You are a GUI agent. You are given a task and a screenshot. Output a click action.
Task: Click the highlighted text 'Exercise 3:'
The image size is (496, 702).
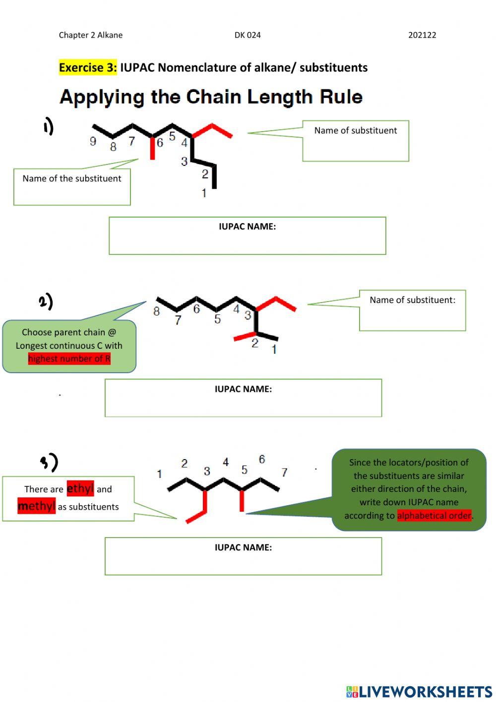[88, 68]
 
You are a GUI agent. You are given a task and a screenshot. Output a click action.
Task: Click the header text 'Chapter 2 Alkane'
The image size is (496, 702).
[91, 35]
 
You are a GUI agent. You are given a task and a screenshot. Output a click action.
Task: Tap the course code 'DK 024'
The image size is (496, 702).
[248, 35]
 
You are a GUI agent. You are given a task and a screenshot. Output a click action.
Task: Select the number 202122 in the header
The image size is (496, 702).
[422, 35]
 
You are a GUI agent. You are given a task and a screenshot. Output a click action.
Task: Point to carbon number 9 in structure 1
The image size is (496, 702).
[93, 142]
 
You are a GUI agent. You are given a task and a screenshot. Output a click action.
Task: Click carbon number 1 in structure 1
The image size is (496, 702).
[204, 193]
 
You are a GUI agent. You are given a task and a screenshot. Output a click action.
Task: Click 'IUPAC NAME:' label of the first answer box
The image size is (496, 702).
[247, 227]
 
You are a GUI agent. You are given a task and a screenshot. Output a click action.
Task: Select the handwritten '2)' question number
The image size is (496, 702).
[46, 301]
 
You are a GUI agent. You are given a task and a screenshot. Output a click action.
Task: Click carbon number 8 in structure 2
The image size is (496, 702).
[156, 312]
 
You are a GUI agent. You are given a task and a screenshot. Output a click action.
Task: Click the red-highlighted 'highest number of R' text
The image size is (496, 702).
[69, 359]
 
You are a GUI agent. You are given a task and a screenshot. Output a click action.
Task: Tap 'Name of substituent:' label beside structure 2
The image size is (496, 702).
[412, 300]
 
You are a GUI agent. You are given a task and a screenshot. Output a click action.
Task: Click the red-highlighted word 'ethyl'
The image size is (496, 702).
[80, 489]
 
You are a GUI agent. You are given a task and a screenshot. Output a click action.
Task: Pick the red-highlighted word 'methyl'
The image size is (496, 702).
[36, 506]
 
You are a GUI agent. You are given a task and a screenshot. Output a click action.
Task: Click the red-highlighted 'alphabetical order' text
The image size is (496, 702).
[434, 516]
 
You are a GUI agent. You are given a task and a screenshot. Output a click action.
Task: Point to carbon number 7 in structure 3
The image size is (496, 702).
[284, 472]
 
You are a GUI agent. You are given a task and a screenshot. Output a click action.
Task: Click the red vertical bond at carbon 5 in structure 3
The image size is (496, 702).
[242, 501]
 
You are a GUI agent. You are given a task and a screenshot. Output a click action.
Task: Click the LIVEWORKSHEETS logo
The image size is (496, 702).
[419, 692]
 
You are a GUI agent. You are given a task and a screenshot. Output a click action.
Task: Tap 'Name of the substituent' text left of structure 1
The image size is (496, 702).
[72, 178]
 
